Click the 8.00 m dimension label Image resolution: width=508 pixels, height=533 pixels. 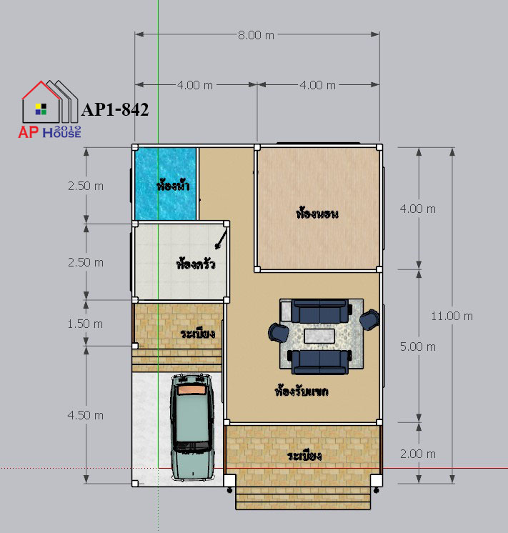pos(256,35)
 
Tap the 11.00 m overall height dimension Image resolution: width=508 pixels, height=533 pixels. pos(452,316)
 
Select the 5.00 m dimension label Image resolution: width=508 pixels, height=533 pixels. pos(417,347)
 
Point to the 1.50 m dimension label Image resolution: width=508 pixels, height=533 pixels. pos(85,324)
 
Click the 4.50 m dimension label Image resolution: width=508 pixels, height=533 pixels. pos(85,415)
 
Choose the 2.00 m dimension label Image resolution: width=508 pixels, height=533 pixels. pos(417,454)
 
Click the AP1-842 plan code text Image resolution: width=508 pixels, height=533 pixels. pos(115,109)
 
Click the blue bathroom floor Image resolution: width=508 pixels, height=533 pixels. pos(165,184)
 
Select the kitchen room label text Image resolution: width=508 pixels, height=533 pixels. pos(196,264)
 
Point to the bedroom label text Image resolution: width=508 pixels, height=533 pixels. pos(317,213)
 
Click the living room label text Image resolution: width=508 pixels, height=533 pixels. pos(302,391)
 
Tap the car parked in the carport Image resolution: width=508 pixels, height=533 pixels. pos(192,427)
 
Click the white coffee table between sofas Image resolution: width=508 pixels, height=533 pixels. pos(319,337)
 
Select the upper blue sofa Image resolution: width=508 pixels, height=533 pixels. pos(319,311)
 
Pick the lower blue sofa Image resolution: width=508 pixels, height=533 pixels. pos(319,362)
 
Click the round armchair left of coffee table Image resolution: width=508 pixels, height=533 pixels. pos(279,332)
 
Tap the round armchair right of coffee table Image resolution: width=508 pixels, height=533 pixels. pos(369,319)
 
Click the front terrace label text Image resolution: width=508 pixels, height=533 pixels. pos(304,456)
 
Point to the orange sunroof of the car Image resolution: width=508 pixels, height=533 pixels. pos(192,390)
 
